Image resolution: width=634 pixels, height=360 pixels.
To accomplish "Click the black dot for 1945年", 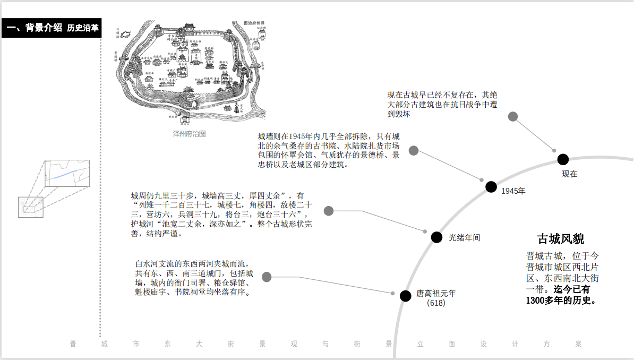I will click(491, 186).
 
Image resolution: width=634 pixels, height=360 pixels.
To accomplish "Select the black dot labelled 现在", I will click(563, 159).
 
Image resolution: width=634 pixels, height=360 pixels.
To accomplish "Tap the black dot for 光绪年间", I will click(436, 237).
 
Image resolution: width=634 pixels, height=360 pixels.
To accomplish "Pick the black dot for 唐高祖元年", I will click(406, 296).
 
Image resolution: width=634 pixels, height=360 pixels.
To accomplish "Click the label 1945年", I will click(513, 191).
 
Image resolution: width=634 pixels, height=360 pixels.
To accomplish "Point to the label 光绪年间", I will click(464, 237).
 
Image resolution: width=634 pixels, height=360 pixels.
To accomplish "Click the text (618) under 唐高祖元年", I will click(436, 303).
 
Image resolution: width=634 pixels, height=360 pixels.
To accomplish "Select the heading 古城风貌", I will click(561, 238).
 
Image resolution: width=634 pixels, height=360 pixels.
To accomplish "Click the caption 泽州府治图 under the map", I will click(189, 133).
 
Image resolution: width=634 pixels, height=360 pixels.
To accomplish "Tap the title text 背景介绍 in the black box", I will click(43, 28).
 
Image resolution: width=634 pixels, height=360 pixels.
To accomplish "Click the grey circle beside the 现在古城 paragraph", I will click(512, 117).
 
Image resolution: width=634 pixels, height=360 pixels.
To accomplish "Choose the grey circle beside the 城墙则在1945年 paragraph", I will click(414, 151).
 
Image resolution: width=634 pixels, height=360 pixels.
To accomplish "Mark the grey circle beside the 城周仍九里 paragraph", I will click(329, 211).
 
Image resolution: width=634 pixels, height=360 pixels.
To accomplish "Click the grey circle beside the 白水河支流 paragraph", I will click(267, 277).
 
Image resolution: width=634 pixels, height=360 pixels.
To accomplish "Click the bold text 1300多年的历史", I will click(560, 300).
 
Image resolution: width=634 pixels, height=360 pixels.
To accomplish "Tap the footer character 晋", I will click(73, 344).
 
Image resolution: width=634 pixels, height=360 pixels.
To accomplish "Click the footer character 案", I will click(578, 344).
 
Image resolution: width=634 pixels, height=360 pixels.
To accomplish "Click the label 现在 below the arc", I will click(569, 174).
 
